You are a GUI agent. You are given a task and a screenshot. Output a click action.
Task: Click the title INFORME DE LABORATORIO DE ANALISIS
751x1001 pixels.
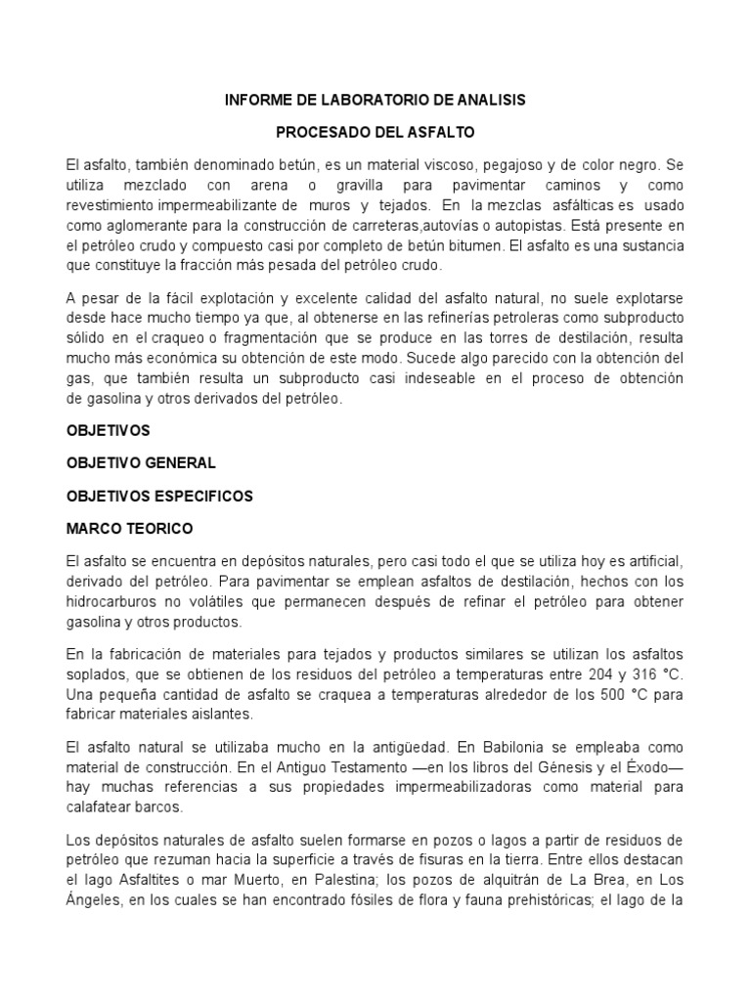pos(375,100)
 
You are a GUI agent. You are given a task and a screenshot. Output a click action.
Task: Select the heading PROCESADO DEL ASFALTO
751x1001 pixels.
pos(375,131)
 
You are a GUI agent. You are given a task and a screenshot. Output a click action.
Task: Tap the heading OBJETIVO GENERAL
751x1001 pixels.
pos(141,462)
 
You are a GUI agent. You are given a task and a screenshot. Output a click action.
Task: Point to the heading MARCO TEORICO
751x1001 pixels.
pos(130,529)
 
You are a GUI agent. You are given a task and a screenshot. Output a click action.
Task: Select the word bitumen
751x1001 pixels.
pos(473,244)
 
